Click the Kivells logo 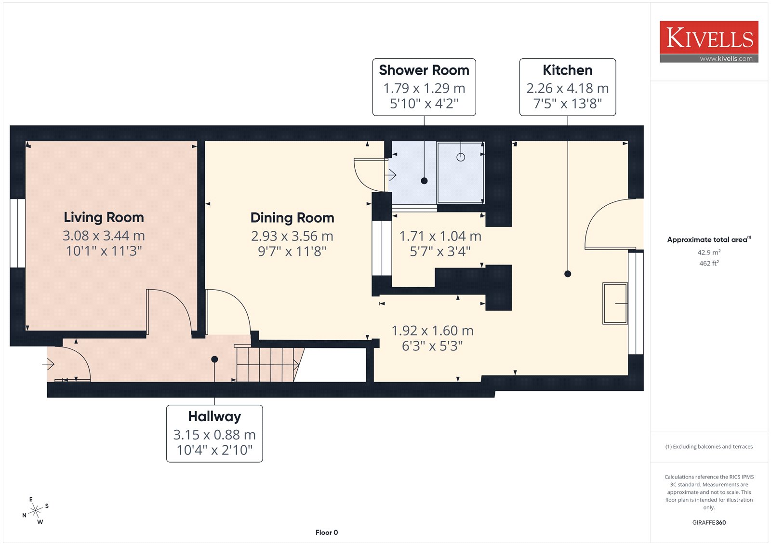click(x=709, y=41)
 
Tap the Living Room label click(x=104, y=217)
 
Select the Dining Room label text click(x=292, y=218)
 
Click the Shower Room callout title click(x=424, y=70)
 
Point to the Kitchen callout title click(x=568, y=70)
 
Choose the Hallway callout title click(x=214, y=417)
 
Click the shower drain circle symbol click(x=461, y=158)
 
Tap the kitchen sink click(x=615, y=303)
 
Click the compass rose click(x=36, y=511)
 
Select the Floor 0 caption click(x=327, y=532)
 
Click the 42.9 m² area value click(x=709, y=252)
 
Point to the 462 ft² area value click(x=709, y=263)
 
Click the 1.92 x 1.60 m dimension click(x=432, y=331)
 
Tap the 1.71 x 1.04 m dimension click(x=440, y=236)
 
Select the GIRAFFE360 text click(x=709, y=522)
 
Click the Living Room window click(x=17, y=233)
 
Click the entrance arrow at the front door click(x=48, y=364)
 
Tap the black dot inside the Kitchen click(x=568, y=274)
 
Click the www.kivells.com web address click(x=726, y=58)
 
